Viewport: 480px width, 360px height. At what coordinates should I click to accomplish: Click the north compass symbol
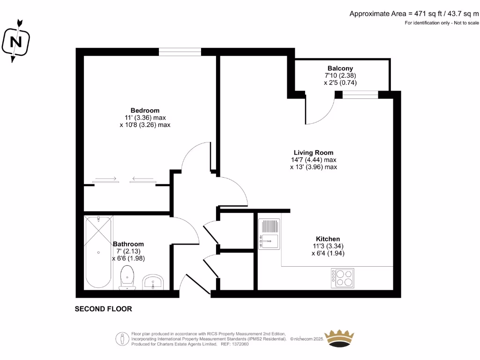[16, 41]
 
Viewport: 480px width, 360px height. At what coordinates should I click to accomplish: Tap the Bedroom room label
[145, 111]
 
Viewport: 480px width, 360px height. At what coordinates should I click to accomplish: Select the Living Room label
[313, 152]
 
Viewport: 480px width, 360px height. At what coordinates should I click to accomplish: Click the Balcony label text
[340, 68]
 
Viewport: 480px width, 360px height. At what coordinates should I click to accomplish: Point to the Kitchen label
[328, 239]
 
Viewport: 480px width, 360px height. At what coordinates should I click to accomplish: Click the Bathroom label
[128, 244]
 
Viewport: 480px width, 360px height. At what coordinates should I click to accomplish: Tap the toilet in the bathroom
[127, 277]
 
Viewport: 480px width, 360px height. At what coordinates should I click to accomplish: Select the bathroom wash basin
[153, 282]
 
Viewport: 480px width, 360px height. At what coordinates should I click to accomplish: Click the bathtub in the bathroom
[98, 253]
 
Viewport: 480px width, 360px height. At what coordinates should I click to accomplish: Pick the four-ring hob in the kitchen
[343, 277]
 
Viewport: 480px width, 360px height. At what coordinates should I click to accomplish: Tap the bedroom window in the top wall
[180, 52]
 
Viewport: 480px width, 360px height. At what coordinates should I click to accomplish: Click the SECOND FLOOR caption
[104, 309]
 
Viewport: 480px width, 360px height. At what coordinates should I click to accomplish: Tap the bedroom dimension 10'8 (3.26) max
[145, 125]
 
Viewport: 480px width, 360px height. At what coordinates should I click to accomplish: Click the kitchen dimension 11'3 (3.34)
[328, 246]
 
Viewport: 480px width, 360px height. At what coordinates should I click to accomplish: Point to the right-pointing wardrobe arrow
[105, 179]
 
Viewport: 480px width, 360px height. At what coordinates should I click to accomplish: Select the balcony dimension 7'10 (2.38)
[340, 75]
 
